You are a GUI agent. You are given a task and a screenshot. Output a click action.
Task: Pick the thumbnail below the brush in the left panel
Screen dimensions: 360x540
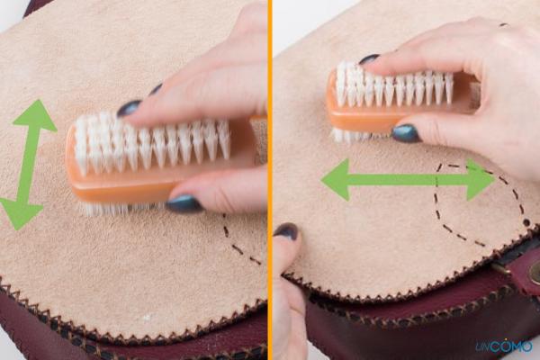[x=184, y=203]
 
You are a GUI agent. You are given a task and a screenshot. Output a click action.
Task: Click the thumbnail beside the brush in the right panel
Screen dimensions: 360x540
[x=406, y=133]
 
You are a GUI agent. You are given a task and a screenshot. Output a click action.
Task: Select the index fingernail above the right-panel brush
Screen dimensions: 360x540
[x=370, y=59]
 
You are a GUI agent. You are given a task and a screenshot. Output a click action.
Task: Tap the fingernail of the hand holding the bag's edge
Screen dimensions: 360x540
[x=285, y=231]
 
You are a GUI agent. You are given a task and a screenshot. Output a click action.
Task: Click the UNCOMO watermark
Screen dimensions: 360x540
[x=503, y=345]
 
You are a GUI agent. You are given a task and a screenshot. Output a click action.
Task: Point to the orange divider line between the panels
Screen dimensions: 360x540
[x=269, y=180]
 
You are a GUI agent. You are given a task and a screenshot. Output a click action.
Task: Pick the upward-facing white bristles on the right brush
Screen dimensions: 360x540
[x=396, y=85]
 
